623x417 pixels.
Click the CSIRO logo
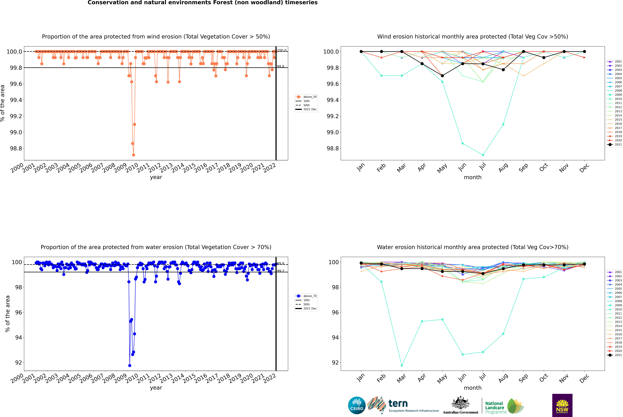(x=357, y=405)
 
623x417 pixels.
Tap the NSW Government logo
(x=562, y=405)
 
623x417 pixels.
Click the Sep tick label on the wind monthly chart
(x=523, y=168)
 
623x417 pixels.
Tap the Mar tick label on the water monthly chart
(x=401, y=378)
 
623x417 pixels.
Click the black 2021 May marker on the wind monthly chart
(x=442, y=76)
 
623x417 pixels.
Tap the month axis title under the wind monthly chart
(x=472, y=177)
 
